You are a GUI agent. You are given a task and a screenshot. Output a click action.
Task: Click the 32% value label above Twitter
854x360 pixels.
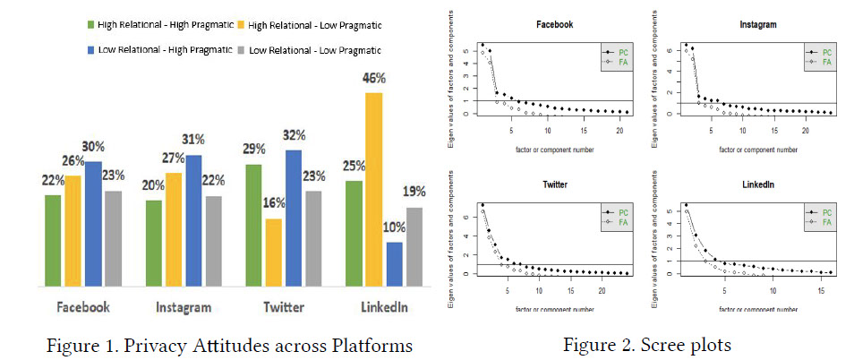pos(293,135)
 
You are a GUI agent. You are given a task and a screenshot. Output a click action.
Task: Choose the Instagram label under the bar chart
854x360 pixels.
pos(180,307)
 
